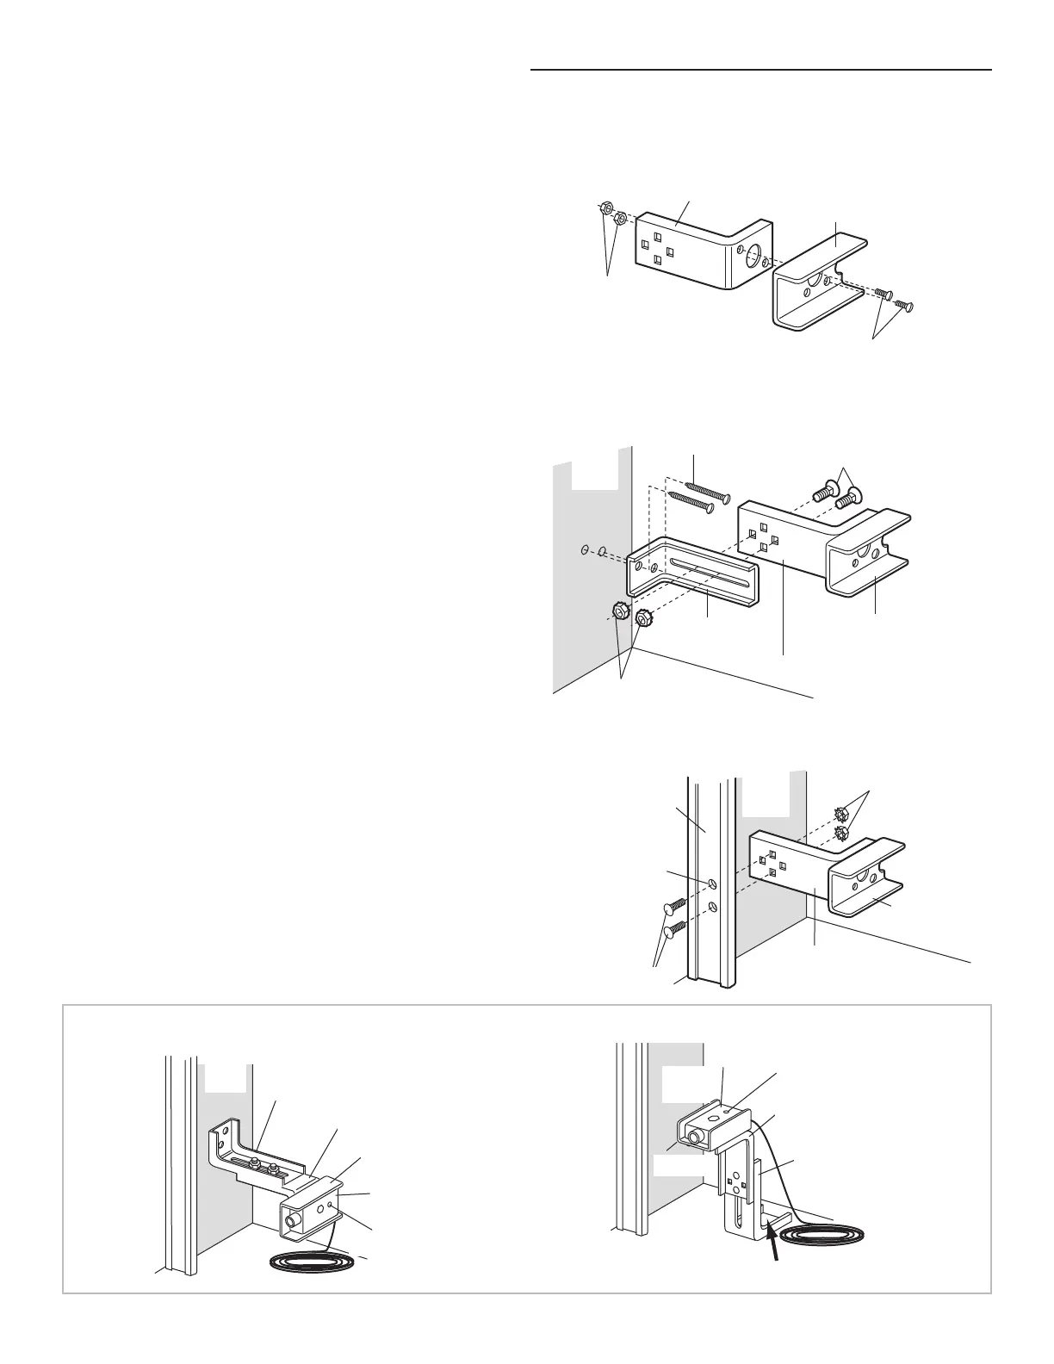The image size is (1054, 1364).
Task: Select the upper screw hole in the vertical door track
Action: (x=711, y=883)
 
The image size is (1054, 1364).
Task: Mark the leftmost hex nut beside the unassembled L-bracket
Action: (x=604, y=208)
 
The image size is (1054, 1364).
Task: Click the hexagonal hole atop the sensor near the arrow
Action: (x=727, y=1113)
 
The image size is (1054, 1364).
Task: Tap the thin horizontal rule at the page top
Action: (x=761, y=69)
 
